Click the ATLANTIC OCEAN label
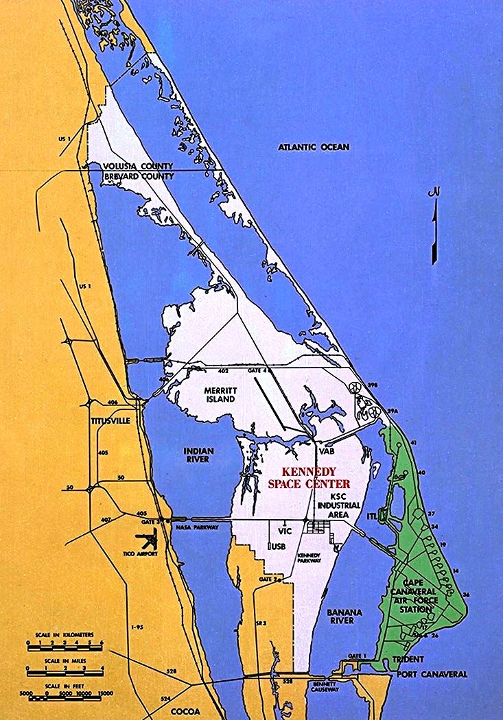point(314,147)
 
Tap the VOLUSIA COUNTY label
point(139,167)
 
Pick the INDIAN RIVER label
point(198,455)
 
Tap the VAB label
point(325,451)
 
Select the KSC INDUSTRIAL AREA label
point(335,505)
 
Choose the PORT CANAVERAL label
point(432,674)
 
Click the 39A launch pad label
point(392,410)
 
